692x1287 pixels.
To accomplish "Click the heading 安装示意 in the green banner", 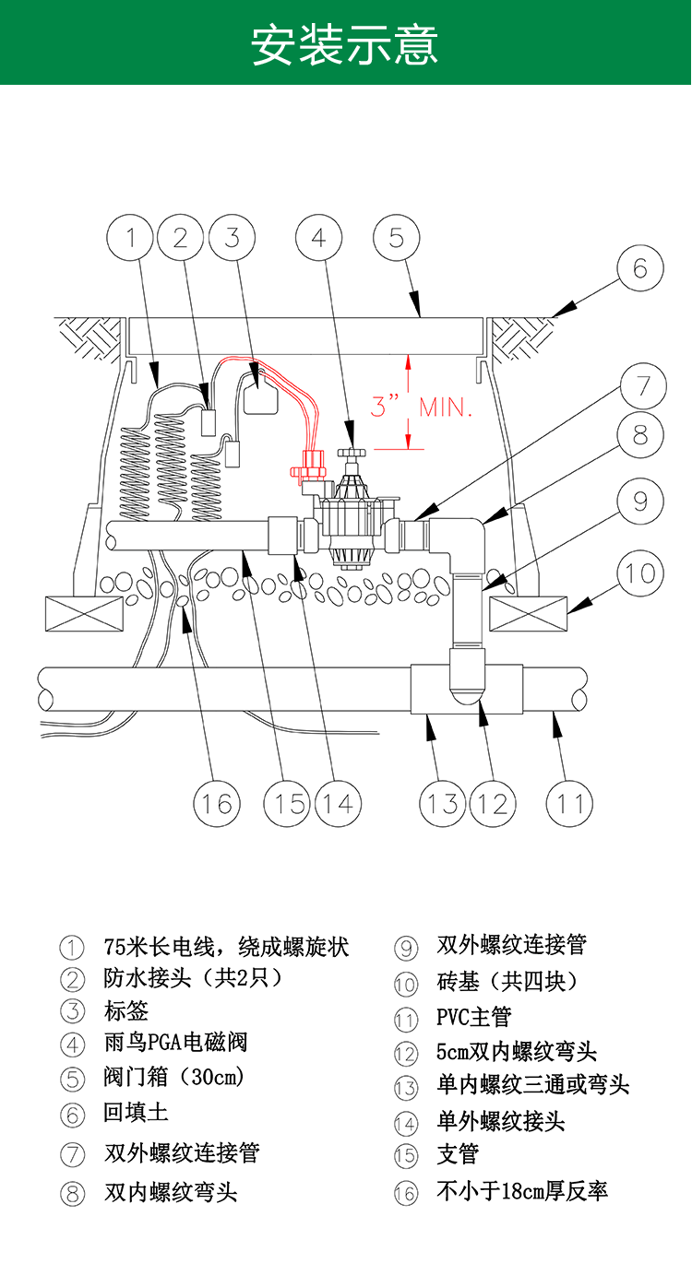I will pyautogui.click(x=345, y=44).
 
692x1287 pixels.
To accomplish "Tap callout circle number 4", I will pyautogui.click(x=318, y=239).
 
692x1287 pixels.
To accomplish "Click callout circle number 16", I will pyautogui.click(x=218, y=803).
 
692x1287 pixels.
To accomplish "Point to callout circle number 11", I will pyautogui.click(x=569, y=803).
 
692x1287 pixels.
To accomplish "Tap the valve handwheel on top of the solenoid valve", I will pyautogui.click(x=351, y=455).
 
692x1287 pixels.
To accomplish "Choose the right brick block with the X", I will pyautogui.click(x=527, y=613).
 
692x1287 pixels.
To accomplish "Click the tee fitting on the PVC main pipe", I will pyautogui.click(x=466, y=688).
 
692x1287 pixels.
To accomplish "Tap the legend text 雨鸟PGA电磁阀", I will pyautogui.click(x=175, y=1044).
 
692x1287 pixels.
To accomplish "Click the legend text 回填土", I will pyautogui.click(x=136, y=1113).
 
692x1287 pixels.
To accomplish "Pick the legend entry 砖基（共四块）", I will pyautogui.click(x=507, y=982).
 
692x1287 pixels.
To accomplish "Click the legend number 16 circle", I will pyautogui.click(x=406, y=1194).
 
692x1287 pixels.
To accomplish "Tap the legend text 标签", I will pyautogui.click(x=126, y=1010).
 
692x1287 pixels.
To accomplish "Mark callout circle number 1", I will pyautogui.click(x=132, y=239).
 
